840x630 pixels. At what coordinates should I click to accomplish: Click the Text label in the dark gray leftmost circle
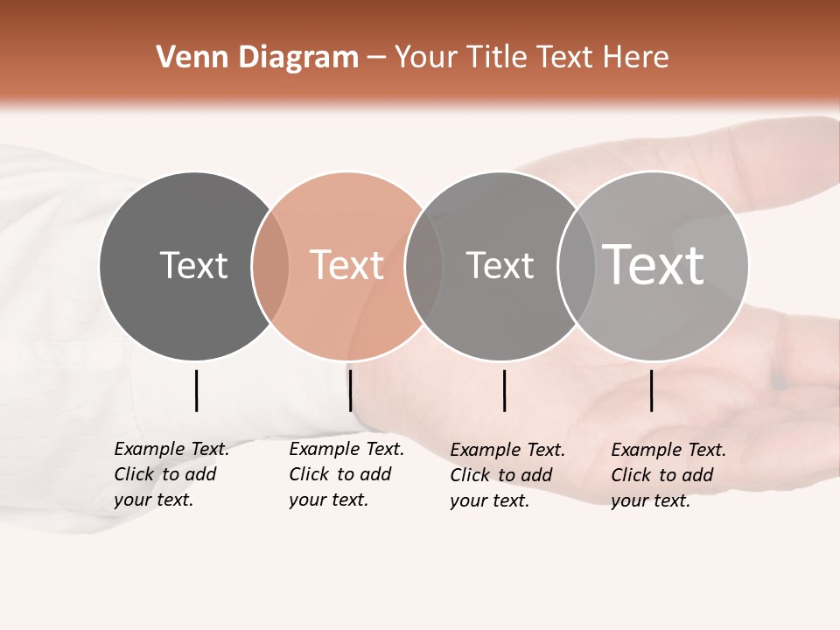point(193,265)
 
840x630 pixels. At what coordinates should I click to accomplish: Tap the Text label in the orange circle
point(346,265)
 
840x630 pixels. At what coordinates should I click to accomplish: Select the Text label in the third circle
point(500,265)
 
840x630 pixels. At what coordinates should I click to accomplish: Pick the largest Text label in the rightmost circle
point(654,265)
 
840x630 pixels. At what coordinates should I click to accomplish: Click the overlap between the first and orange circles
point(270,266)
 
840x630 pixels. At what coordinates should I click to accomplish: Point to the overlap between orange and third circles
point(423,266)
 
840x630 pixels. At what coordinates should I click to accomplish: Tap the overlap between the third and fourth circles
point(577,266)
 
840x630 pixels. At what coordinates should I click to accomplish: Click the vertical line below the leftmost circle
point(197,390)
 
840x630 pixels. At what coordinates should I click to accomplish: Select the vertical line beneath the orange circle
point(350,390)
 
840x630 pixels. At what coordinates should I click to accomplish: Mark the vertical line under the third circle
point(504,390)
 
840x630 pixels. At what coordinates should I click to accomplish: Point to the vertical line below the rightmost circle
point(652,390)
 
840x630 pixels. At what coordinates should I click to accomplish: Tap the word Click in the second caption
point(309,474)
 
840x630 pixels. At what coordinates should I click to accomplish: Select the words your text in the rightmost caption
point(650,500)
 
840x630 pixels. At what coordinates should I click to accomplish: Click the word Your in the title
point(427,58)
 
